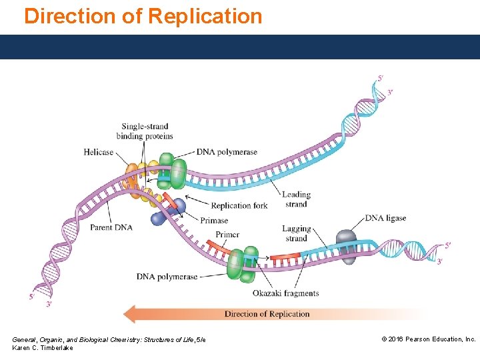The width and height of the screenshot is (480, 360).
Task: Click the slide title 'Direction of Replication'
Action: coord(143,16)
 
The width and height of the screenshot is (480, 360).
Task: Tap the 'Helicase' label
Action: coord(99,152)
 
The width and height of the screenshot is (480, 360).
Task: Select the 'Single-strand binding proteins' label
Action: coord(145,131)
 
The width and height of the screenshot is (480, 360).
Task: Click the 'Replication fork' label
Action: coord(239,205)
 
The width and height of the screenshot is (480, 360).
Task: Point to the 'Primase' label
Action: coord(215,221)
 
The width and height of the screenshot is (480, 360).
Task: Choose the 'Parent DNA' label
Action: coord(111,227)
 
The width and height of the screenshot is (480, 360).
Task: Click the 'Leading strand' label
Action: coord(296,199)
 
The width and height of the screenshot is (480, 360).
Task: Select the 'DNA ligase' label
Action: coord(385,218)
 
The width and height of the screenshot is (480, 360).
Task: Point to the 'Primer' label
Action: coord(227,235)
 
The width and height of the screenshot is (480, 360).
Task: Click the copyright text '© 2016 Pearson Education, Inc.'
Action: coord(428,339)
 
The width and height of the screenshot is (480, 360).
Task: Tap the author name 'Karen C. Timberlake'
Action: coord(43,349)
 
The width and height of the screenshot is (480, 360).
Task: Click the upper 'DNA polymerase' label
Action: coord(227,152)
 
